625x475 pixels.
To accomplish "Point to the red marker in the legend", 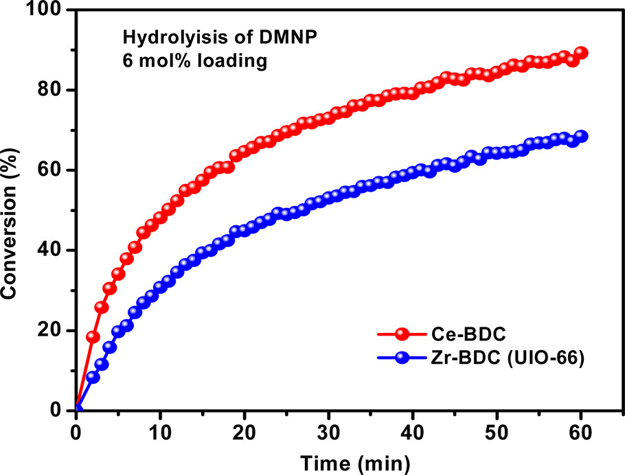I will coord(402,334).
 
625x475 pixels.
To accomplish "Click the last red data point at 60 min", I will coord(581,53).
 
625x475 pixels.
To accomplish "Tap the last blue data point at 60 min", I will coord(582,136).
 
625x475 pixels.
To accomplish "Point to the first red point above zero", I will coord(93,337).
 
